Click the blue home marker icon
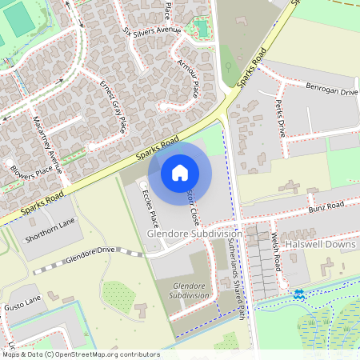pos(180,172)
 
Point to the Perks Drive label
pos(280,117)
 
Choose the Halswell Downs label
pos(320,244)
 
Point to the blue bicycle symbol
pos(299,294)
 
